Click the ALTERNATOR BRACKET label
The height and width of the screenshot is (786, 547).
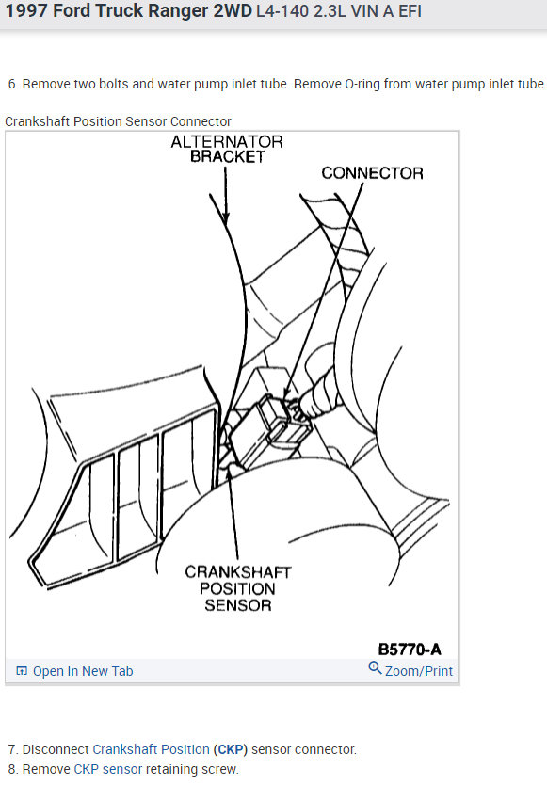click(x=227, y=149)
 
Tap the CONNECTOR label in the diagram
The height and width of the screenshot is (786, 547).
click(x=372, y=173)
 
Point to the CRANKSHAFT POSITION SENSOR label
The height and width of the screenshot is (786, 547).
click(x=237, y=588)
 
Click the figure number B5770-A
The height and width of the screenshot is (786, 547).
click(x=410, y=650)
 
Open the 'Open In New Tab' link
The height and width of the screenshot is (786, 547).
click(x=83, y=671)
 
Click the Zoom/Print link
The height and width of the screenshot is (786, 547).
click(x=419, y=671)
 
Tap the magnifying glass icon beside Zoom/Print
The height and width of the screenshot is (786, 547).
click(x=375, y=668)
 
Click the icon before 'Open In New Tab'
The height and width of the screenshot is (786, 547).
click(x=22, y=671)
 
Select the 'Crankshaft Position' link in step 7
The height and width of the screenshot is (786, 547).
click(x=151, y=749)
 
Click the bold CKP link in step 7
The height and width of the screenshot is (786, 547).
click(x=231, y=749)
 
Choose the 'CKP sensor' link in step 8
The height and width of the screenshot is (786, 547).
click(x=107, y=769)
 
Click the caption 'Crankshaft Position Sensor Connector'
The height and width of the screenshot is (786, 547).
click(x=118, y=121)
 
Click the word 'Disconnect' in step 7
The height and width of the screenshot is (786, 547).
click(x=56, y=749)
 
